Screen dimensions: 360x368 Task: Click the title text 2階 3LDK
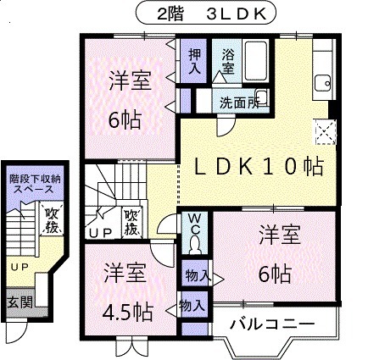[x=183, y=14]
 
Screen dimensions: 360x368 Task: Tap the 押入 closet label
[x=195, y=62]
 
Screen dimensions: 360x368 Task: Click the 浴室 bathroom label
[x=228, y=62]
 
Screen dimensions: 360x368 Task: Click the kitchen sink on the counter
[x=322, y=82]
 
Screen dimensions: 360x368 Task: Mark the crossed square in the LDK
[x=324, y=132]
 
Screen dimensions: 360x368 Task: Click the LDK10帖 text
[x=254, y=167]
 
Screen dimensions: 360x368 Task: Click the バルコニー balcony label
[x=273, y=324]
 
